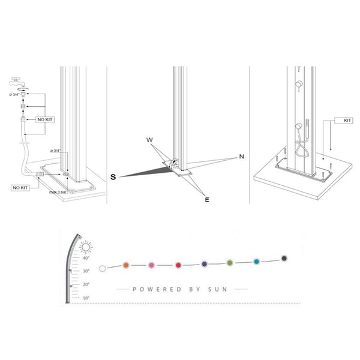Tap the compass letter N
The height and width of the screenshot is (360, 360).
241,156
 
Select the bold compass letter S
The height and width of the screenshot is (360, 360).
113,176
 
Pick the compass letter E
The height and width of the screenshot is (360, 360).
206,200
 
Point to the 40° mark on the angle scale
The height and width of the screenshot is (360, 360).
86,259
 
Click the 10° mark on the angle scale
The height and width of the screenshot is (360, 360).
86,298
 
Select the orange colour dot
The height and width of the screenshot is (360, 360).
126,265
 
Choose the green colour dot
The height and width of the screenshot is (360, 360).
230,262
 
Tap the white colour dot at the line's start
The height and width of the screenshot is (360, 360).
103,268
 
